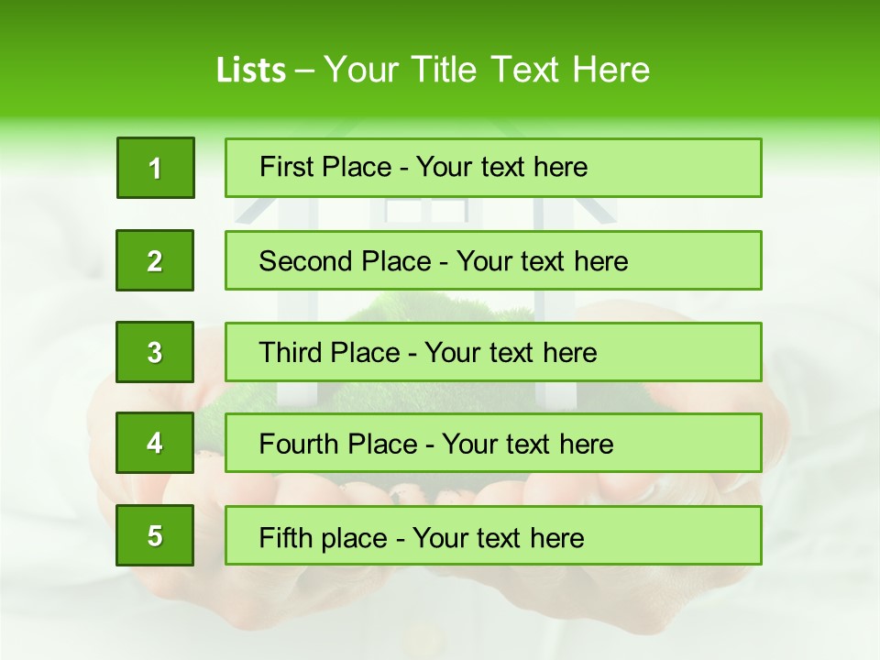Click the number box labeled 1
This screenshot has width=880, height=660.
[x=156, y=168]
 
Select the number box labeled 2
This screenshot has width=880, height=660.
[x=155, y=260]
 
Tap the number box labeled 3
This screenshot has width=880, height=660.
[x=155, y=352]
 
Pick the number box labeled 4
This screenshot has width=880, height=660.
[x=155, y=443]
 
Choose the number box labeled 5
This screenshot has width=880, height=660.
[x=155, y=535]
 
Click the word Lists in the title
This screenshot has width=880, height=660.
[x=251, y=71]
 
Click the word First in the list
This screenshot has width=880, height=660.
[x=286, y=167]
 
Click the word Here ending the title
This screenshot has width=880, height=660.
[x=610, y=71]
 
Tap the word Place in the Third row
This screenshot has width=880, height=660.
[x=366, y=353]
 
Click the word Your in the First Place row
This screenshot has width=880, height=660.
[x=444, y=167]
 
